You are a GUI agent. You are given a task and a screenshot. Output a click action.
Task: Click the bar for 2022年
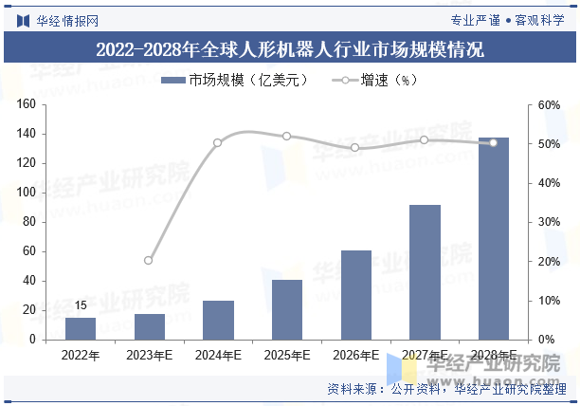coord(81,328)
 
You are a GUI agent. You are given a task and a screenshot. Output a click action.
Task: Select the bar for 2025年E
coord(287,309)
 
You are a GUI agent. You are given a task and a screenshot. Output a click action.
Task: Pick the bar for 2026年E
coord(355,295)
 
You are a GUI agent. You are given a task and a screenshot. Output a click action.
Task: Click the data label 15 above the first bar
coord(81,305)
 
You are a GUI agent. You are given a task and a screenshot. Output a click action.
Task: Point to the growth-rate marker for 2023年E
coord(149,260)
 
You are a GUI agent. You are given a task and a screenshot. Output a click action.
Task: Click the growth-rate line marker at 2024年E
coord(218,143)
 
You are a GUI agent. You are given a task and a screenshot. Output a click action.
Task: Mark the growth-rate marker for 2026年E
coord(355,147)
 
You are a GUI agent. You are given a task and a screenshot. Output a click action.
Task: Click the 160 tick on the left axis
coord(27,104)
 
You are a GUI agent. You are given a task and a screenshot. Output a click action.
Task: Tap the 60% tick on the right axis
coord(550,104)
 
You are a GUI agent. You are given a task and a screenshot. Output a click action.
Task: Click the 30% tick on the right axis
coord(550,222)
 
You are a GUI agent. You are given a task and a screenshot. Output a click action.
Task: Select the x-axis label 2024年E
coord(218,355)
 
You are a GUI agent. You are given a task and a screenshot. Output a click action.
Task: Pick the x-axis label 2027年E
coord(424,355)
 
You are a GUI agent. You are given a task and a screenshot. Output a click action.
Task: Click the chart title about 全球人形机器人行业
coord(290,49)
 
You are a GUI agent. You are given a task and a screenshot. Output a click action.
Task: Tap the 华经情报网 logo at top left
coord(57,18)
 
